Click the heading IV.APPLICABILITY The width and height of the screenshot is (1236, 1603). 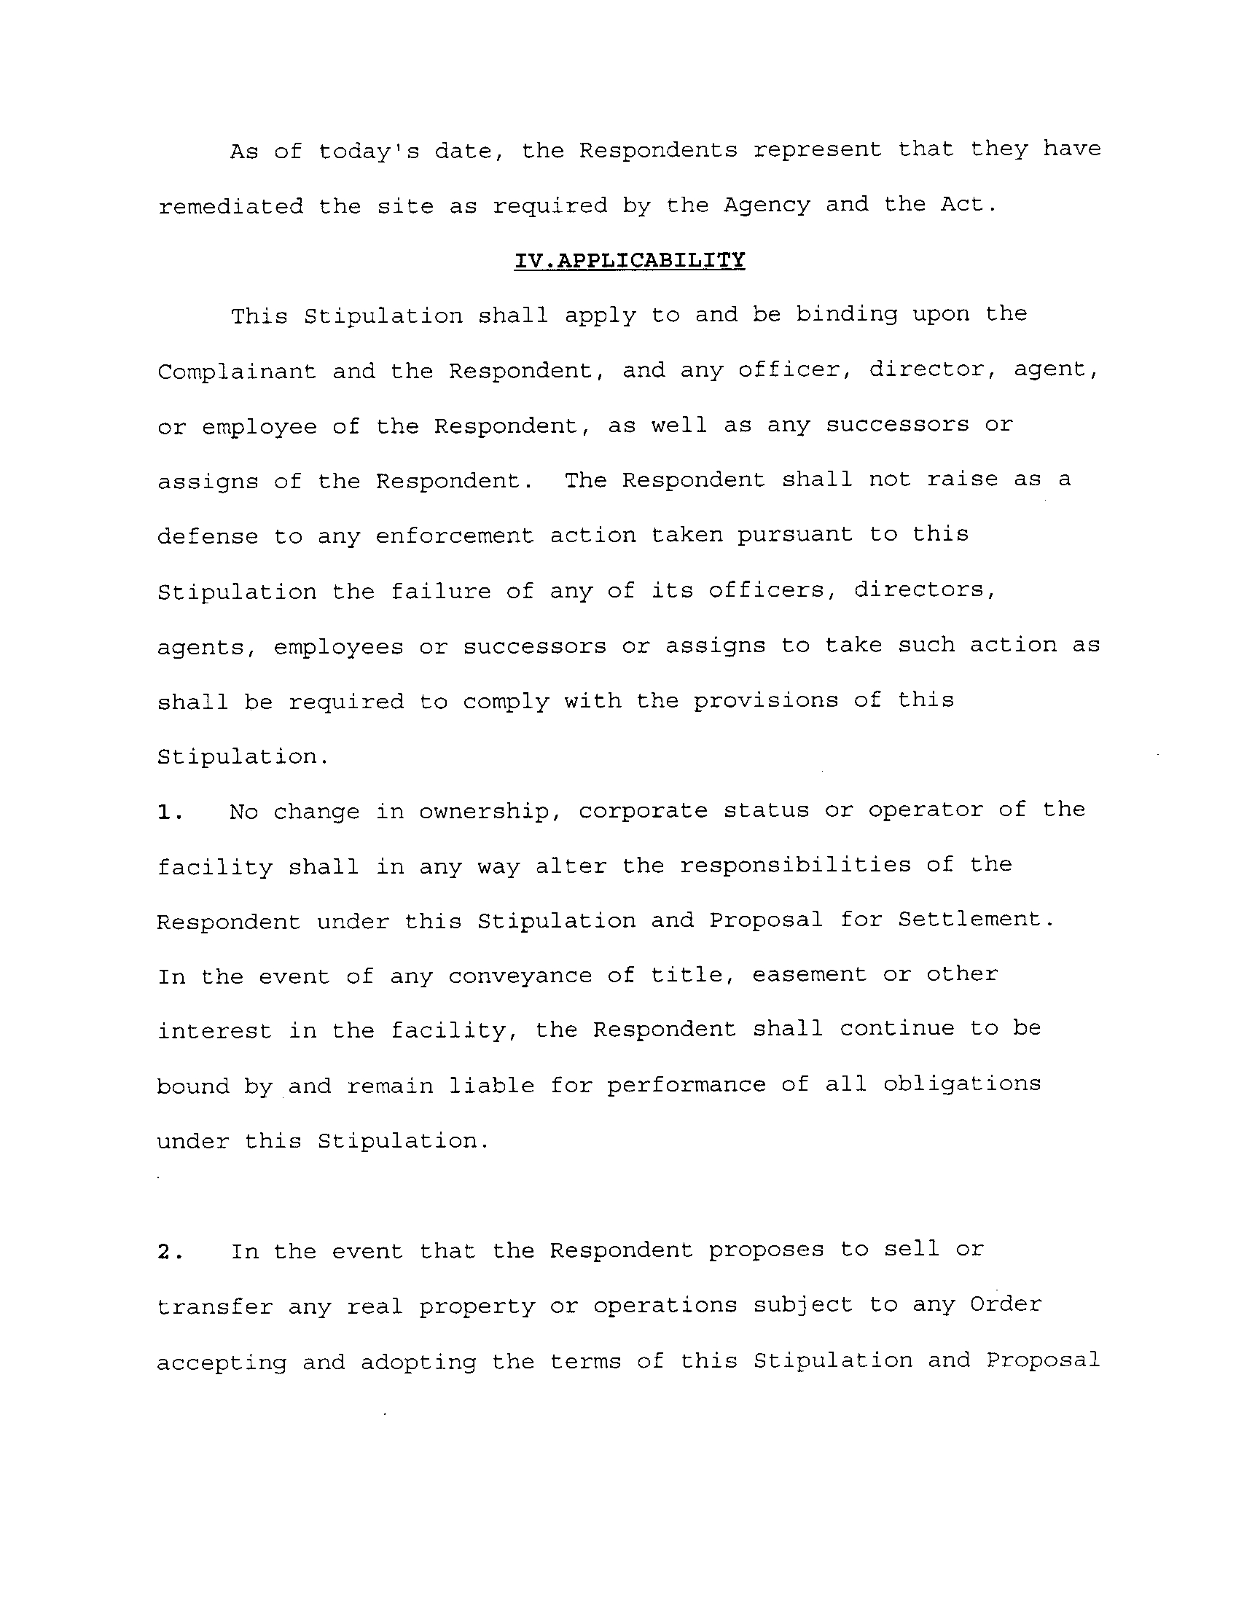point(629,261)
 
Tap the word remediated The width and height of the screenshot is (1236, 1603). point(230,206)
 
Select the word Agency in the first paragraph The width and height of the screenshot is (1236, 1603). point(767,205)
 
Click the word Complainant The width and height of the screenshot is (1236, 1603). point(236,372)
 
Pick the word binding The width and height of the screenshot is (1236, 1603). point(846,315)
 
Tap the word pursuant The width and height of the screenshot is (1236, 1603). point(795,536)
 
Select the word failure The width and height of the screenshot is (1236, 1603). point(440,591)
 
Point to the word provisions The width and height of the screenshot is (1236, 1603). point(765,701)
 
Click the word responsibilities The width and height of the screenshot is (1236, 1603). point(795,866)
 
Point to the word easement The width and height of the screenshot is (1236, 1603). point(810,975)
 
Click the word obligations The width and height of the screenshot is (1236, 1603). point(961,1085)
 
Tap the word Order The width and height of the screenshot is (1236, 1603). point(1006,1305)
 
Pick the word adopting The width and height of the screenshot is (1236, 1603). point(418,1363)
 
